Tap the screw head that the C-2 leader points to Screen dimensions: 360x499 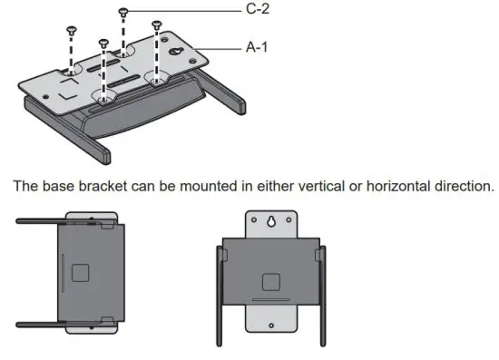(x=123, y=11)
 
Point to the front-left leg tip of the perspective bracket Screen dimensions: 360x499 (x=106, y=155)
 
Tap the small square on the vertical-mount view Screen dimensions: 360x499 (x=271, y=281)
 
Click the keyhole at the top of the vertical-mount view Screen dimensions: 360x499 (x=271, y=221)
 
